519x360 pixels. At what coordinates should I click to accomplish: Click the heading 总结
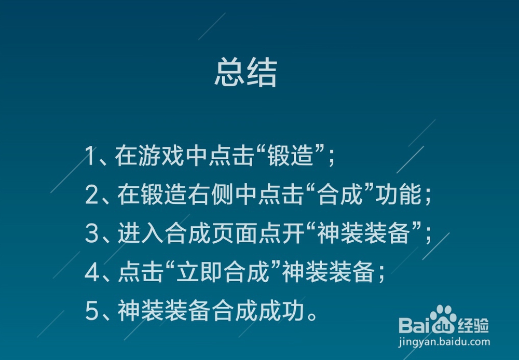coord(245,72)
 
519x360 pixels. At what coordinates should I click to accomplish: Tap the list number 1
coord(90,156)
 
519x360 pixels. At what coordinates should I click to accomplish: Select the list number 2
coord(91,195)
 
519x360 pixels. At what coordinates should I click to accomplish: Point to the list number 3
coord(92,233)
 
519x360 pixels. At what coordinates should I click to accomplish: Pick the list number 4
coord(92,272)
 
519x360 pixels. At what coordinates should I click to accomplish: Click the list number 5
coord(92,311)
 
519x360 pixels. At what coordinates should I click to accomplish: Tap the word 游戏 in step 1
coord(161,156)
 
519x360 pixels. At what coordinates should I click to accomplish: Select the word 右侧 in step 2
coord(211,195)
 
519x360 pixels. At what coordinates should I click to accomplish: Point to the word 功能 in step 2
coord(399,195)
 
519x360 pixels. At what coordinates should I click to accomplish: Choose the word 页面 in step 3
coord(235,233)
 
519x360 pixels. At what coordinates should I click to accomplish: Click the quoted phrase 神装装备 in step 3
coord(363,233)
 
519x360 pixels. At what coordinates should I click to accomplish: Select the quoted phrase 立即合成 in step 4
coord(223,272)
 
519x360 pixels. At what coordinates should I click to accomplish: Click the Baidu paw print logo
coord(443,319)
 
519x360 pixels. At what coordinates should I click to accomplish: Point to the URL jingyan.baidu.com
coord(444,342)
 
